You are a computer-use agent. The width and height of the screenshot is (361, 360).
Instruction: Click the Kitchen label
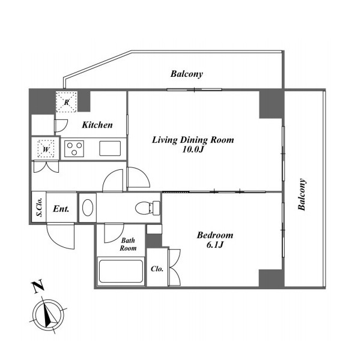[97, 125]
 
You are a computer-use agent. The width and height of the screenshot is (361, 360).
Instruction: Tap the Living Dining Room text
[193, 140]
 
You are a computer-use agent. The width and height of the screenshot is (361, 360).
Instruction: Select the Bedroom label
[215, 235]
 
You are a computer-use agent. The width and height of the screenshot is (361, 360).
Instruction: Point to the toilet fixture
[148, 208]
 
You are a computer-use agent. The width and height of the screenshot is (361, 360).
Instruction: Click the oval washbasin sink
[88, 208]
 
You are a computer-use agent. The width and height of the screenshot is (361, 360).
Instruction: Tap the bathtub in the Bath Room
[121, 271]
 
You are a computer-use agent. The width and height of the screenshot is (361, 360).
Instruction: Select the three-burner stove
[74, 149]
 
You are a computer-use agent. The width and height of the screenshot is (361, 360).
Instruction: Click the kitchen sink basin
[110, 148]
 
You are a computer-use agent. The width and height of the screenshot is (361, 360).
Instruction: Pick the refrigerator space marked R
[67, 102]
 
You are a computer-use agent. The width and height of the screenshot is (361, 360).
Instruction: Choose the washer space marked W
[46, 149]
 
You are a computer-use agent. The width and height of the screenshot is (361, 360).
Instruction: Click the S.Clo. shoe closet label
[40, 207]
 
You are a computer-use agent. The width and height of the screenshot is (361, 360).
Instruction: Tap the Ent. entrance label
[61, 209]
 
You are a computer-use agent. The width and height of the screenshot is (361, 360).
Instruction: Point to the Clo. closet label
[157, 269]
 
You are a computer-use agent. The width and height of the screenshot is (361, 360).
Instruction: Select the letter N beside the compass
[38, 286]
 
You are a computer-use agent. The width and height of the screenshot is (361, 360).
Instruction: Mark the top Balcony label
[187, 74]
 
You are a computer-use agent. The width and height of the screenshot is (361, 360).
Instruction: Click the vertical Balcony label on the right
[302, 194]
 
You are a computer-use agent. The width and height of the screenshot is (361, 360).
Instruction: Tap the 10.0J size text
[193, 149]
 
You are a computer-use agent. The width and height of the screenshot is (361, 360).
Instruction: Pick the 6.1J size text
[215, 245]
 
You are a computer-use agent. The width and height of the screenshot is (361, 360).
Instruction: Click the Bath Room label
[128, 244]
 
